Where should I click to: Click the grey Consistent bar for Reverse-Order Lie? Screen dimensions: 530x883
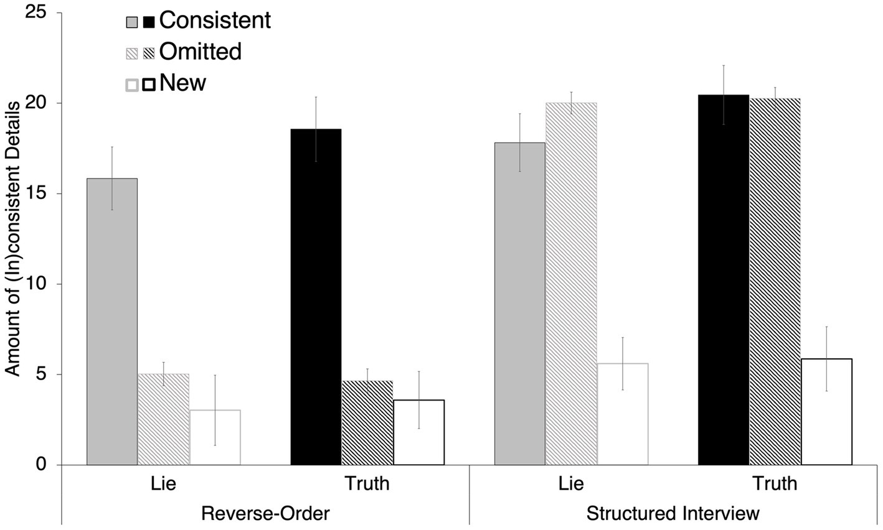pyautogui.click(x=112, y=322)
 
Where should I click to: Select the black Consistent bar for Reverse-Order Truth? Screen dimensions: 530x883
pyautogui.click(x=316, y=297)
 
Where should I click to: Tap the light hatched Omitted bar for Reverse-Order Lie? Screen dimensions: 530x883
pyautogui.click(x=163, y=419)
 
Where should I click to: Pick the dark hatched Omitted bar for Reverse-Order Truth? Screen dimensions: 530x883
pyautogui.click(x=367, y=423)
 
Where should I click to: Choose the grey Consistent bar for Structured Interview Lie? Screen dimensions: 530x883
pyautogui.click(x=520, y=304)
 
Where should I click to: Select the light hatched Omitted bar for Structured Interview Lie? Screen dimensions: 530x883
pyautogui.click(x=571, y=284)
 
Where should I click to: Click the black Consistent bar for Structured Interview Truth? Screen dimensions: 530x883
pyautogui.click(x=724, y=280)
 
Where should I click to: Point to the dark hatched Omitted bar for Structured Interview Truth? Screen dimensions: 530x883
pyautogui.click(x=775, y=281)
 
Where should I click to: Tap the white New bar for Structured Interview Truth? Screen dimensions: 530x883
pyautogui.click(x=826, y=412)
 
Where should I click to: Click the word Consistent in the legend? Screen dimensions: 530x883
pyautogui.click(x=215, y=20)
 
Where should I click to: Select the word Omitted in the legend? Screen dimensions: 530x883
pyautogui.click(x=200, y=51)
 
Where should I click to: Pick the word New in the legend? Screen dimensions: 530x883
pyautogui.click(x=182, y=82)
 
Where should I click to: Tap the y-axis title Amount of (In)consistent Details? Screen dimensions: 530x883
pyautogui.click(x=13, y=238)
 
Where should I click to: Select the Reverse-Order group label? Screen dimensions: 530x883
pyautogui.click(x=265, y=514)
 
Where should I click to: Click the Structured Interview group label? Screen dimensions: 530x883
pyautogui.click(x=673, y=514)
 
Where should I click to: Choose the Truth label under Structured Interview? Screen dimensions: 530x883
pyautogui.click(x=775, y=483)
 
